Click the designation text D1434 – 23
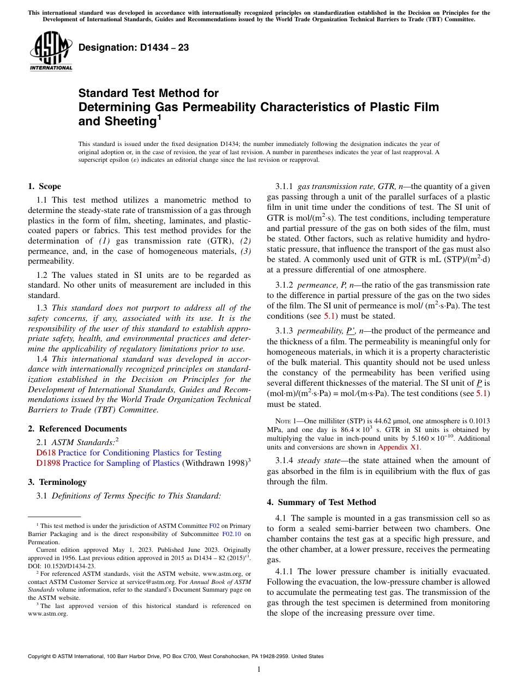[x=134, y=48]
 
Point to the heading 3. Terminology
[x=57, y=482]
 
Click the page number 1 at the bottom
[x=259, y=670]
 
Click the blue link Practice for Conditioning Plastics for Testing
[x=140, y=453]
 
